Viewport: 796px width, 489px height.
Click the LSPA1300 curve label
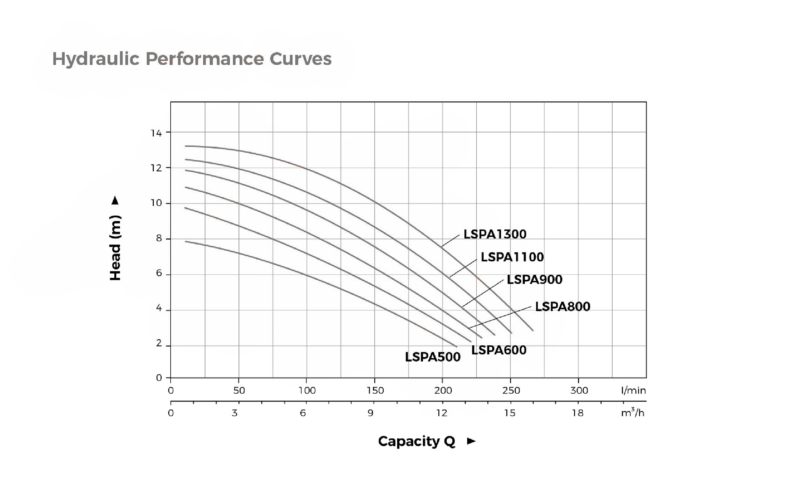(495, 234)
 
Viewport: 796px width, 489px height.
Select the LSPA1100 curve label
(512, 257)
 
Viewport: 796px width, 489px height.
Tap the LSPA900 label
(534, 279)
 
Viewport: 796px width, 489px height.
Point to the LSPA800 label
(562, 307)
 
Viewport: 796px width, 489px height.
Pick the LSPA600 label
(499, 350)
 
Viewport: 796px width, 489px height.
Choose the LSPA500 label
(433, 357)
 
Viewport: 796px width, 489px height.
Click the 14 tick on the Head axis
(156, 133)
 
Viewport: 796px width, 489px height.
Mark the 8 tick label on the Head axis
(159, 239)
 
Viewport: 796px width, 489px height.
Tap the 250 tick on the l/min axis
(511, 390)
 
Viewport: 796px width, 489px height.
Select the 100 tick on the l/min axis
(307, 390)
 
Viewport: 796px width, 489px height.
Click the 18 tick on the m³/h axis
(578, 413)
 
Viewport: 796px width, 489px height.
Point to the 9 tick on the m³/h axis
(371, 413)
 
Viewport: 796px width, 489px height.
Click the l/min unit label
(633, 390)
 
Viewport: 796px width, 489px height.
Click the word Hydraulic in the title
(96, 59)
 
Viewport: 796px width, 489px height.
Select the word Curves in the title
(301, 59)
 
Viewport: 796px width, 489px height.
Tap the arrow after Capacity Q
(471, 441)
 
